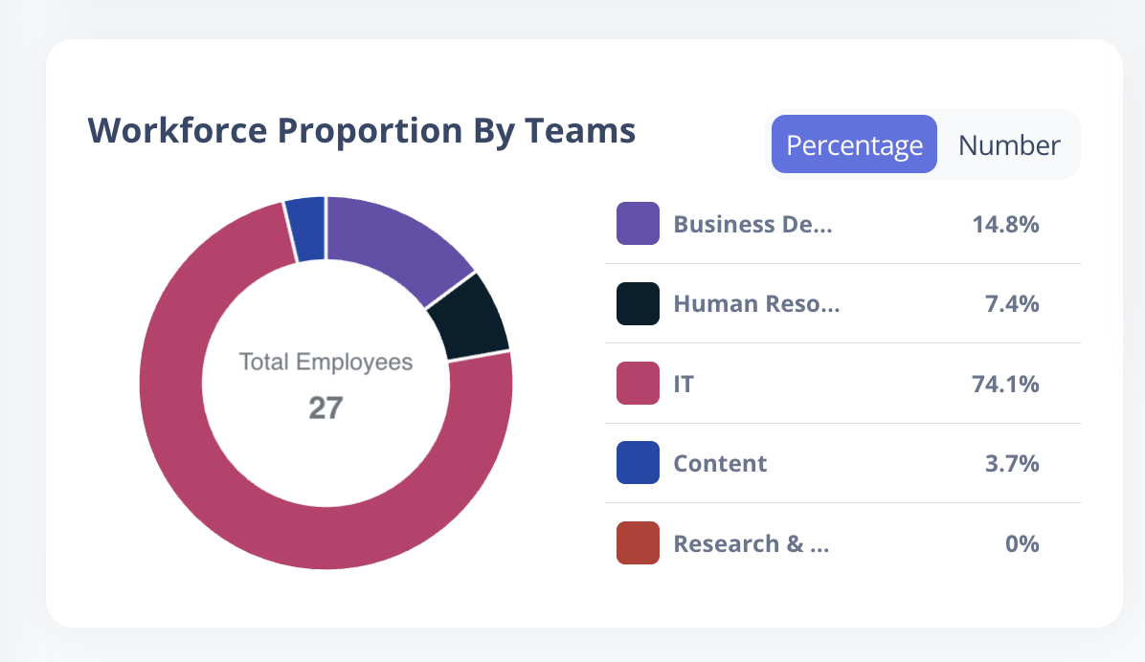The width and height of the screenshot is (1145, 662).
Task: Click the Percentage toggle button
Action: pos(854,144)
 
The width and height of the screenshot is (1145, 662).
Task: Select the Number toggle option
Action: pos(1009,145)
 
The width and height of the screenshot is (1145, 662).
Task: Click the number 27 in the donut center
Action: pos(326,408)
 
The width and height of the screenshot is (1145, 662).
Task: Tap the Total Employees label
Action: pos(326,362)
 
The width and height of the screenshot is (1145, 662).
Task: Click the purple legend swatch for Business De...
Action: pos(638,223)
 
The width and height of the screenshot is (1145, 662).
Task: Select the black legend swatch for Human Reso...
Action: pos(638,303)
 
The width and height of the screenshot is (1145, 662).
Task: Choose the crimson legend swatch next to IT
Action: pos(638,384)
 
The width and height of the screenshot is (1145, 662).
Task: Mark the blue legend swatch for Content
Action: pos(638,463)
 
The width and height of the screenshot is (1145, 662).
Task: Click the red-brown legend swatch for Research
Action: pos(638,543)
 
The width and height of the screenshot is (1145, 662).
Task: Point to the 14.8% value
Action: pos(1005,224)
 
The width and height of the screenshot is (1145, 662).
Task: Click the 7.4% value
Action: pos(1012,303)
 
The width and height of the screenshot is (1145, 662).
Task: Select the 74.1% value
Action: pos(1005,384)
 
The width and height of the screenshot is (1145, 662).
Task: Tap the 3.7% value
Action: pos(1012,463)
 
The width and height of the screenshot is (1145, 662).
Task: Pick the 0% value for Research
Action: pos(1022,543)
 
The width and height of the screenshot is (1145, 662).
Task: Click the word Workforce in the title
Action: pos(177,131)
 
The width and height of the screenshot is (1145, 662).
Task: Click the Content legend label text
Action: pos(720,463)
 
